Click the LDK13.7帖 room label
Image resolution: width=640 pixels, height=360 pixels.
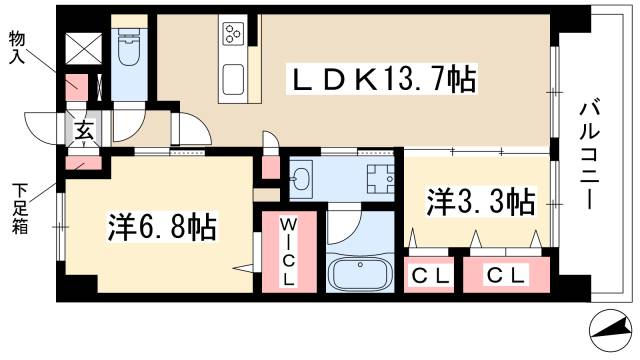(x=382, y=78)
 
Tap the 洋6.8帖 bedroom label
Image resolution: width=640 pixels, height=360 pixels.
(x=163, y=226)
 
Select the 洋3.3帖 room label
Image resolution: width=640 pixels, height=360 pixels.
(x=479, y=202)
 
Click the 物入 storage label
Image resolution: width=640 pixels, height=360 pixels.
(x=18, y=48)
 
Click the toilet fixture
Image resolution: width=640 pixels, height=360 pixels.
(x=128, y=48)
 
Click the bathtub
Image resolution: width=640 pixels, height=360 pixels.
(x=361, y=273)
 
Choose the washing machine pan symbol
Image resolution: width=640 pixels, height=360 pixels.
(x=379, y=179)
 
